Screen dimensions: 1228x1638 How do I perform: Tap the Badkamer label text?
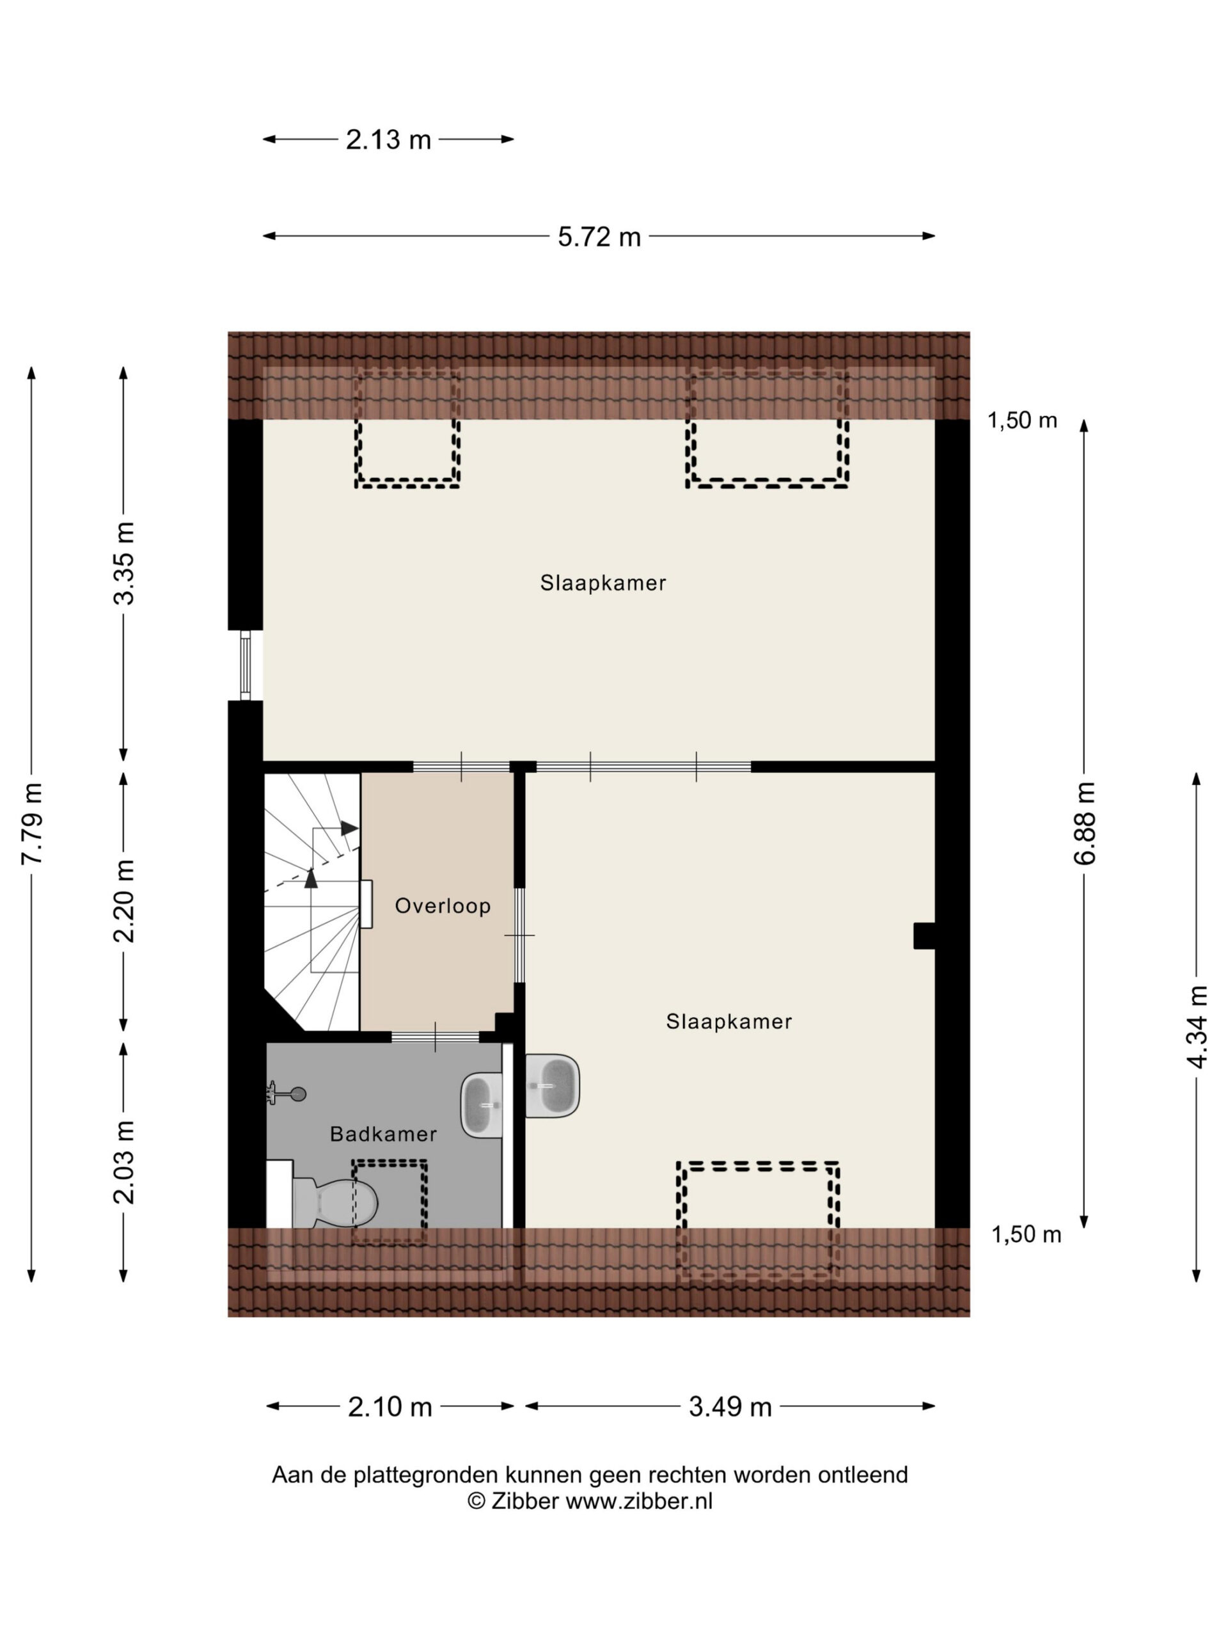coord(383,1134)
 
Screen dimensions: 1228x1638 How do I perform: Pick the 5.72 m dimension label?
coord(599,237)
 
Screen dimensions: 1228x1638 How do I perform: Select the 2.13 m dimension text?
coord(388,139)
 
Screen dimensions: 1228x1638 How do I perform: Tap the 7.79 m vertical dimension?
coord(32,823)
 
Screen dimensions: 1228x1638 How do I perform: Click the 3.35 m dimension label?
coord(124,564)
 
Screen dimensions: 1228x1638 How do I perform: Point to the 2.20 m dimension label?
coord(124,901)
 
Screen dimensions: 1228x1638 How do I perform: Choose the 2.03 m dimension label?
coord(124,1162)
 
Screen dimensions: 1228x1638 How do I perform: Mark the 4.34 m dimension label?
coord(1197,1027)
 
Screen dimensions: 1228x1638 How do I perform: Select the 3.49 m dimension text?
coord(730,1406)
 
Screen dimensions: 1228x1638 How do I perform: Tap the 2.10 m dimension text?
coord(390,1406)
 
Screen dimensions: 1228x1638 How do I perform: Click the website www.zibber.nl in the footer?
coord(639,1501)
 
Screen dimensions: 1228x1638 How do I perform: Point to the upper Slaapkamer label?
coord(602,583)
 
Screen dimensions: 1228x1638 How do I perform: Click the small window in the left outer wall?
coord(246,665)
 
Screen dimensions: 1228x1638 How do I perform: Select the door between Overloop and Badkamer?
coord(436,1037)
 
